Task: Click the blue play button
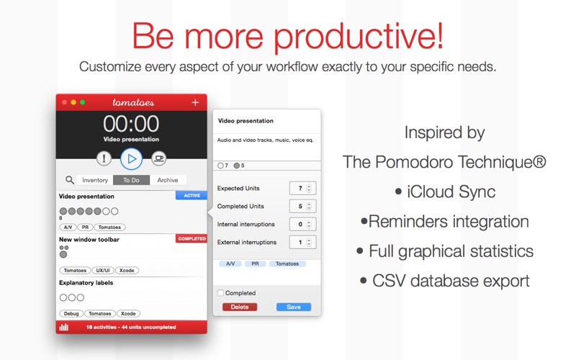click(x=131, y=158)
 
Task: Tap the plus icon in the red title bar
click(x=195, y=102)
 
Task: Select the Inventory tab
click(x=95, y=180)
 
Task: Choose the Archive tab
click(x=168, y=180)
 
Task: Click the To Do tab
click(x=131, y=180)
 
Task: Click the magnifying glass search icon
click(x=69, y=180)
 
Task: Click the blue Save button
click(x=294, y=307)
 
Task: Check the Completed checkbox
click(x=220, y=293)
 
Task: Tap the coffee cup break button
click(x=158, y=158)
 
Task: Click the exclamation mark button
click(x=104, y=158)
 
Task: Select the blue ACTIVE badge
click(x=192, y=195)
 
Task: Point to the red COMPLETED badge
click(x=192, y=239)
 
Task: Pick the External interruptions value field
click(x=302, y=242)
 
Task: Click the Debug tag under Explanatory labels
click(x=71, y=313)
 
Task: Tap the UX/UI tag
click(x=103, y=271)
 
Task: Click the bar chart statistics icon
click(x=64, y=327)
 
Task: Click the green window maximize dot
click(x=83, y=102)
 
